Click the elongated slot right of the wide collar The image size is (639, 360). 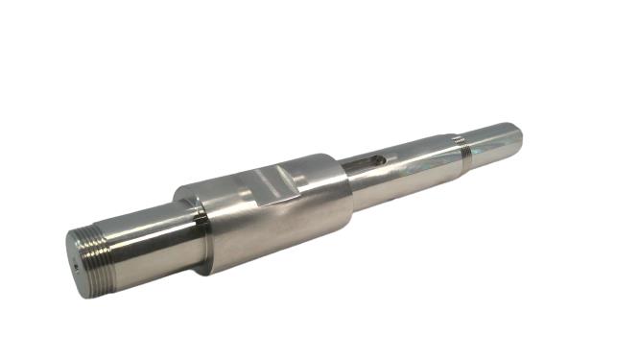(x=366, y=161)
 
